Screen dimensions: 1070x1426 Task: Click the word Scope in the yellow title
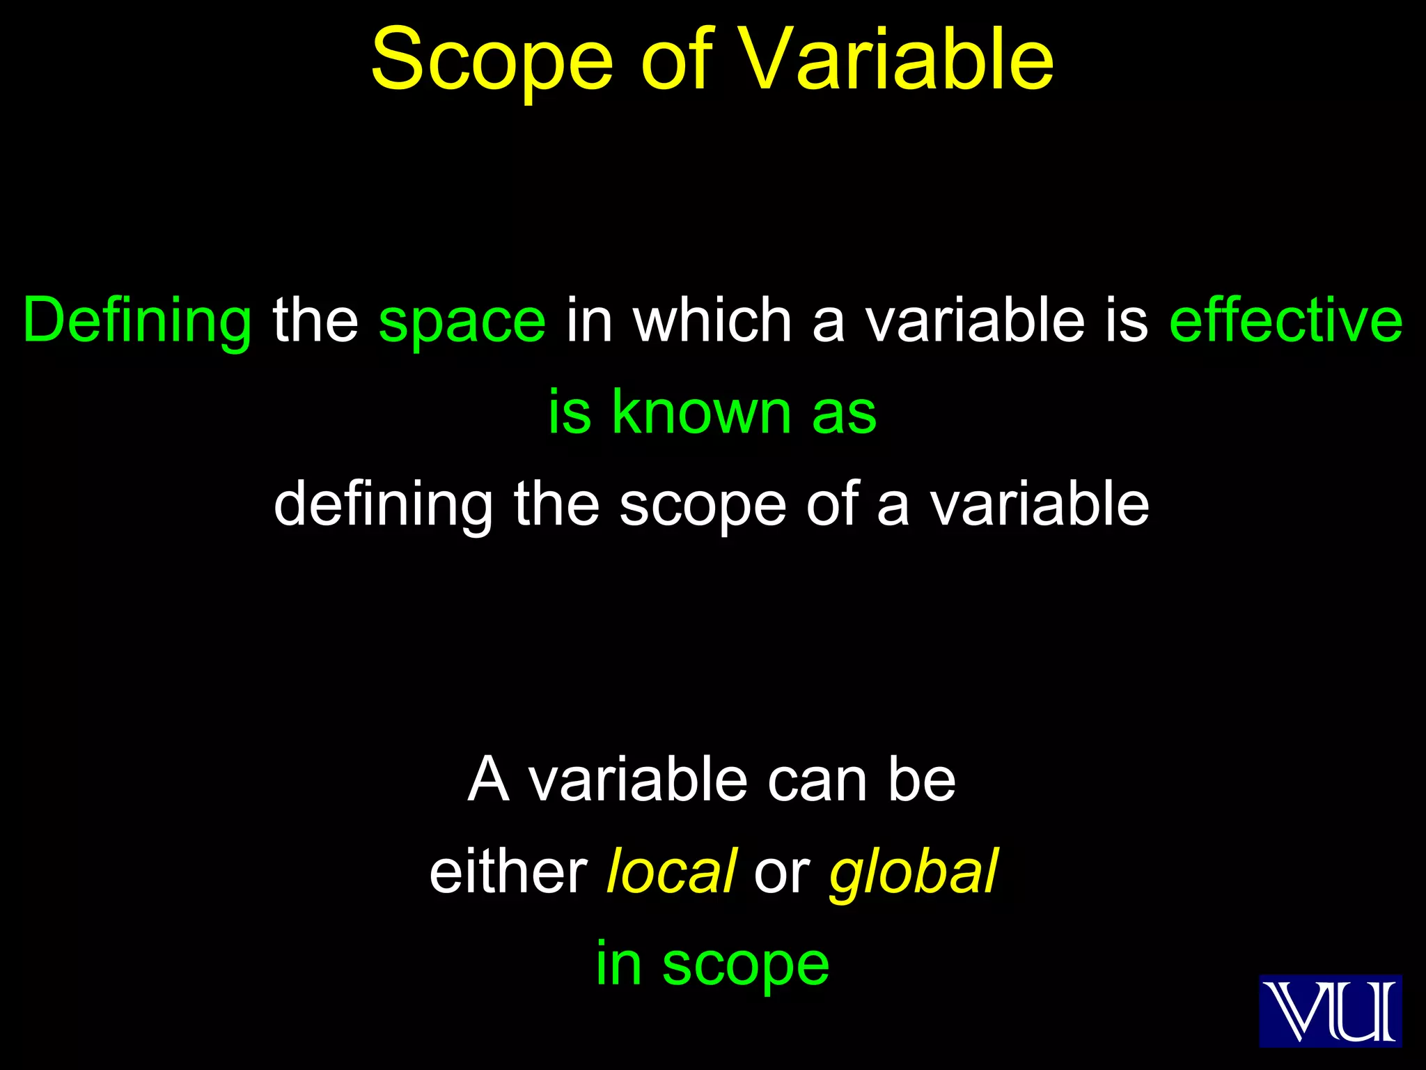coord(492,61)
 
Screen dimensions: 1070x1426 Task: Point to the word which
coord(712,320)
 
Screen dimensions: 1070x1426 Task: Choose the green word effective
coord(1286,320)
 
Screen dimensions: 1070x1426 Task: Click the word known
coord(701,412)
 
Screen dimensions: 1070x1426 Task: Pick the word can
coord(817,781)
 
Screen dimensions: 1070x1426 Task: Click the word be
coord(922,780)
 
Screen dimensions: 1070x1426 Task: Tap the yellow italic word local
coord(671,871)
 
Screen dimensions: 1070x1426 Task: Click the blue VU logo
coord(1330,1011)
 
